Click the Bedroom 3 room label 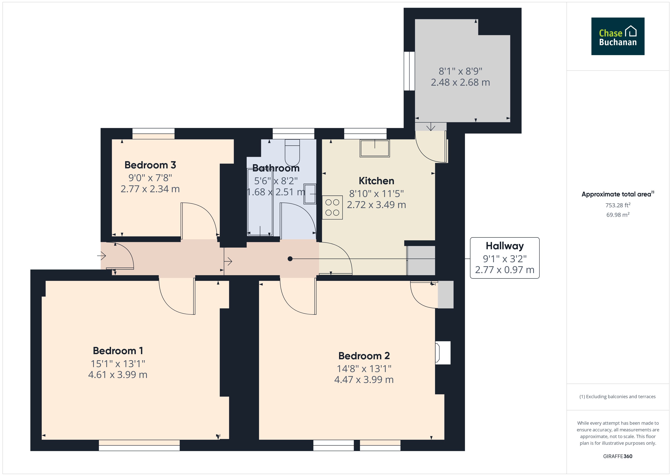(150, 165)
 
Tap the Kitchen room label (376, 181)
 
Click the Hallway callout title (505, 246)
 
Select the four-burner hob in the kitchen (332, 207)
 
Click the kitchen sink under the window (375, 148)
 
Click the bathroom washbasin (310, 194)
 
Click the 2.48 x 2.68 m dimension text (460, 82)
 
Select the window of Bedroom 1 (139, 445)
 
